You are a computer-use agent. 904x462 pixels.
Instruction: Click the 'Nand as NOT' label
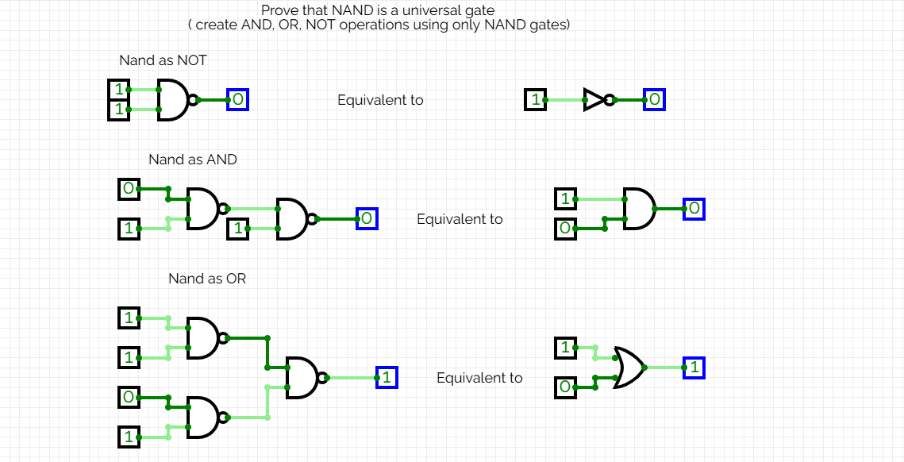point(163,60)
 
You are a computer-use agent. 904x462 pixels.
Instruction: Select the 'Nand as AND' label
point(192,160)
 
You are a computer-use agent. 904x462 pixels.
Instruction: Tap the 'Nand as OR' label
point(207,279)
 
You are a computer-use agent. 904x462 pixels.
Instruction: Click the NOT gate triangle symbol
point(595,100)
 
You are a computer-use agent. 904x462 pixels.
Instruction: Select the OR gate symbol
point(629,368)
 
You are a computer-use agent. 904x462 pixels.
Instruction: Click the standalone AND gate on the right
point(639,209)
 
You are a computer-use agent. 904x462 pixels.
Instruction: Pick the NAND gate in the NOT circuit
point(173,100)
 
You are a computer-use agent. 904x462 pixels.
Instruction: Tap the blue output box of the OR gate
point(694,368)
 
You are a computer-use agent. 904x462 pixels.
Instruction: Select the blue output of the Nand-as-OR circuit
point(386,378)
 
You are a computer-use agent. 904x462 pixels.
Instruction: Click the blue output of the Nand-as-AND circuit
point(366,218)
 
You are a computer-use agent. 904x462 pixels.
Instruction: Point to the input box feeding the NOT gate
point(536,100)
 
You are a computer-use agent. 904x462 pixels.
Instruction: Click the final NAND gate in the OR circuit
point(302,378)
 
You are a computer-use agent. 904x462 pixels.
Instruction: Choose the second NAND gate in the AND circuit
point(291,218)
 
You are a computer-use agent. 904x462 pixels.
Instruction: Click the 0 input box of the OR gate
point(564,387)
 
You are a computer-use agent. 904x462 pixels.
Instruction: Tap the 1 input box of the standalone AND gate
point(564,198)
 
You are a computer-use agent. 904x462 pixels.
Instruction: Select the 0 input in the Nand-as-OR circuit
point(128,397)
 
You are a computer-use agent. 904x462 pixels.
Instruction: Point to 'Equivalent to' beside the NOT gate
point(380,100)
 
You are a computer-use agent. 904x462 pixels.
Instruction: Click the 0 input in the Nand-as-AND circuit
point(128,189)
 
